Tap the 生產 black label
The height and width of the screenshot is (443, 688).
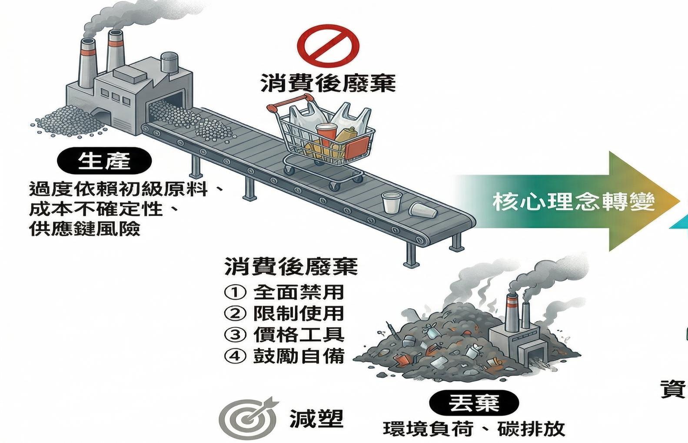[104, 161]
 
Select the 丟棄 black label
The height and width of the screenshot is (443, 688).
[474, 403]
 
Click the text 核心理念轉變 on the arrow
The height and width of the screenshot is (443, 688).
[574, 202]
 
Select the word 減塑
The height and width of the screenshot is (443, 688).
[316, 419]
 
